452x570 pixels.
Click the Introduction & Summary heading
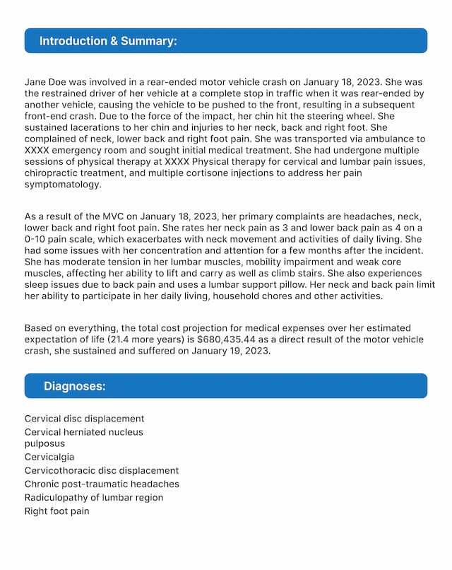(108, 41)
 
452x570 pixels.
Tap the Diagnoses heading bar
(225, 386)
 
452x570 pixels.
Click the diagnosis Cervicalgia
(49, 458)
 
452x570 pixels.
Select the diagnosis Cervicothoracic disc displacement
(102, 470)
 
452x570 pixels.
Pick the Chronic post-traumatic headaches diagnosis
(102, 484)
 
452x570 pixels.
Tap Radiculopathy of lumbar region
(94, 498)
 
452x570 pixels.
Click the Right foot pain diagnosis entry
(57, 511)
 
